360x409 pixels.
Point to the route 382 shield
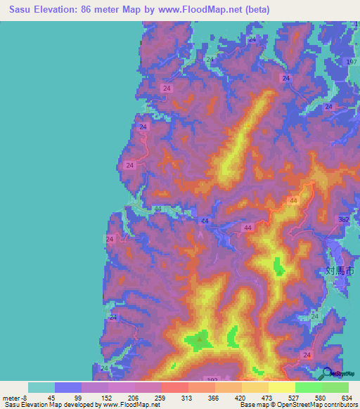point(344,220)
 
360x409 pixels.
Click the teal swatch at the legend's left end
point(41,387)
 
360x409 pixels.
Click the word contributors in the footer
point(339,405)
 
